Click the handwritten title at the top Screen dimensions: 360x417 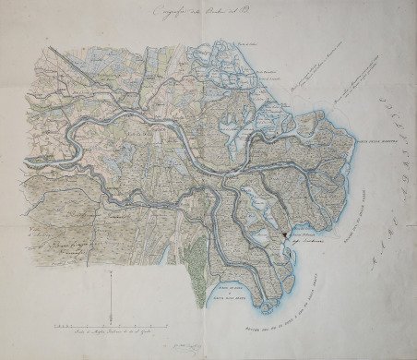(x=202, y=13)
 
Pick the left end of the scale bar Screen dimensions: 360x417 (x=53, y=326)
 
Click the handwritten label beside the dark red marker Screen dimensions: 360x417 (x=306, y=238)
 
